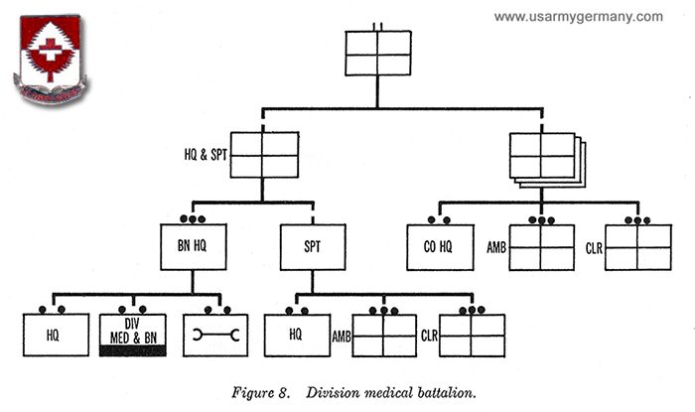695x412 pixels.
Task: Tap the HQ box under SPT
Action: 295,336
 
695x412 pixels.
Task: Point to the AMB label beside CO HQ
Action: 497,246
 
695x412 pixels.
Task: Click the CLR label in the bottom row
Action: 430,336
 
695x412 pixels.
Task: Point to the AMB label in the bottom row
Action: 341,336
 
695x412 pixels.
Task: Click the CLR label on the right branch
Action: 594,246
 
